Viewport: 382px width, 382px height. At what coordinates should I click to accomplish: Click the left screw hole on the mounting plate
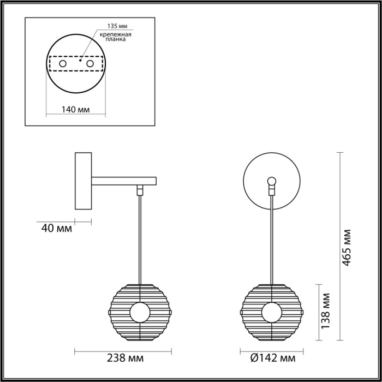[63, 64]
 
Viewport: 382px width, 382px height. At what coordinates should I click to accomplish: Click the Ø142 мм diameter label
[271, 359]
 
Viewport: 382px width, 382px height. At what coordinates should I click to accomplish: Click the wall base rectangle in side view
[83, 181]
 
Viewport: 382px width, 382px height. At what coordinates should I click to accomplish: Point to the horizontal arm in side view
[124, 180]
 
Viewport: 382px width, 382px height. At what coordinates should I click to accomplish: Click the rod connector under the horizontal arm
[140, 189]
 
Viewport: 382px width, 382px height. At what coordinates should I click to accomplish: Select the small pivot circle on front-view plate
[271, 181]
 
